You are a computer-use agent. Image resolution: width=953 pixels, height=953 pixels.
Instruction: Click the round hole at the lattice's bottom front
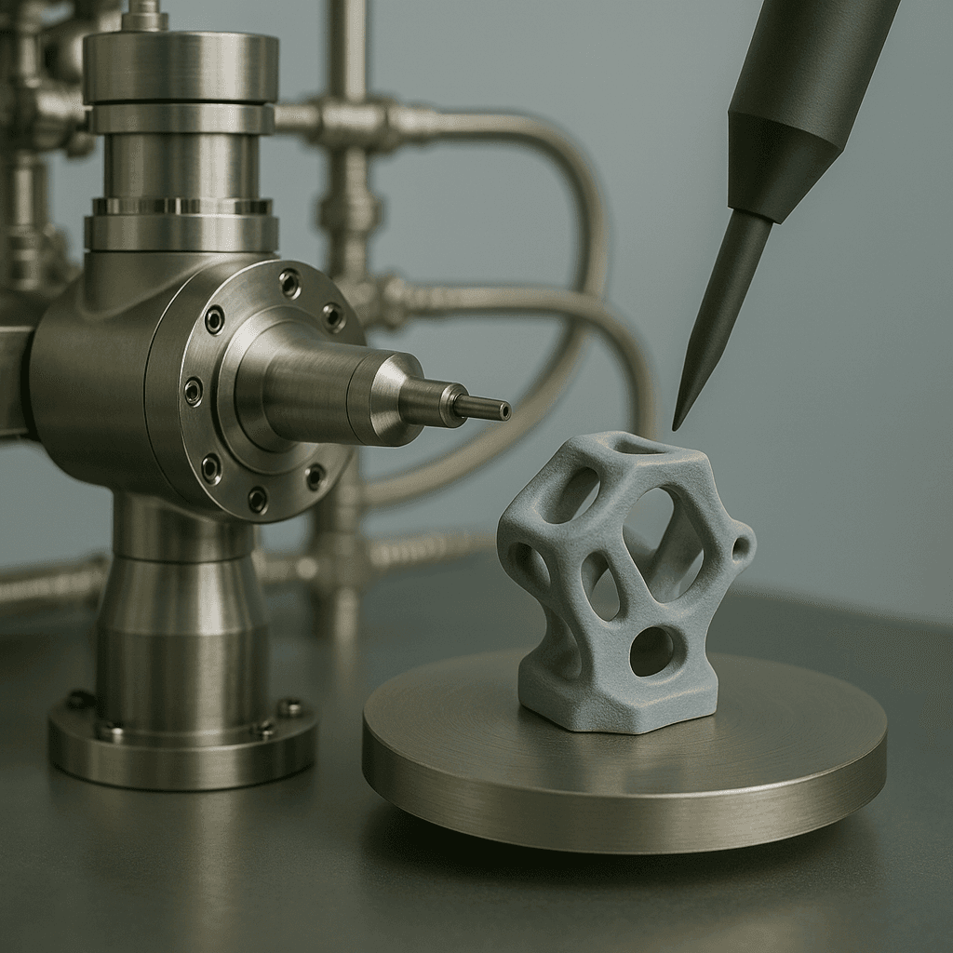[x=651, y=651]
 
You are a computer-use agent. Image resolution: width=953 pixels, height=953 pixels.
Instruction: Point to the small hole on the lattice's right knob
[x=742, y=547]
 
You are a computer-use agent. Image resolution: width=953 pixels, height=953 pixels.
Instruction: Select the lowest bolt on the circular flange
[x=257, y=501]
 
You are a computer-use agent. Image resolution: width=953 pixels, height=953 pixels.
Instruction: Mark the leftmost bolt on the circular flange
[x=193, y=390]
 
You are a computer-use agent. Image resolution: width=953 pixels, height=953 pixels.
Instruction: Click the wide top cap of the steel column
[x=181, y=67]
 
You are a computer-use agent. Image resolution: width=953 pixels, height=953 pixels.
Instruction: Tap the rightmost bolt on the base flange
[x=290, y=706]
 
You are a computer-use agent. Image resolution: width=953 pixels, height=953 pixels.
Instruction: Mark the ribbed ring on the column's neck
[x=181, y=207]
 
